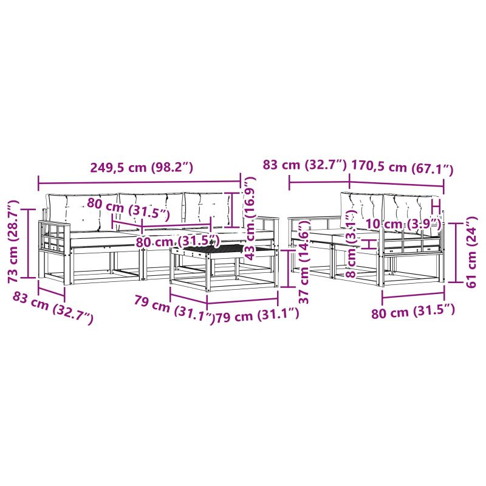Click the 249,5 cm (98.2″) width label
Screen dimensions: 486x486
click(x=142, y=168)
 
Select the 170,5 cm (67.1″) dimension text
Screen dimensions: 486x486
click(x=402, y=168)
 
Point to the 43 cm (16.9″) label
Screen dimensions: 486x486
click(x=250, y=218)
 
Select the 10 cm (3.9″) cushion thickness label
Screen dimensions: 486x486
click(x=403, y=224)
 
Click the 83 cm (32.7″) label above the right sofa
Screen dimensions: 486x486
click(x=305, y=165)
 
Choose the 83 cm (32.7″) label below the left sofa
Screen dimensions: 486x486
click(x=53, y=309)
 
